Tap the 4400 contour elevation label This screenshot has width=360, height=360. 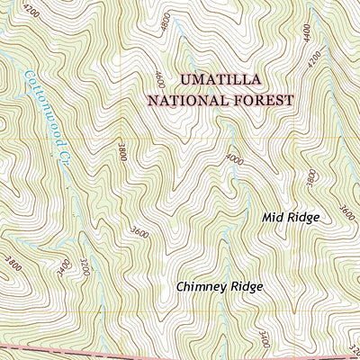tap(308, 35)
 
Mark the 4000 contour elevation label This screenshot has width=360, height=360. tap(236, 159)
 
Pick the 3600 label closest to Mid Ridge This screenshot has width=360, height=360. tap(348, 212)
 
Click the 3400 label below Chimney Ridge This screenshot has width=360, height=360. tap(263, 340)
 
